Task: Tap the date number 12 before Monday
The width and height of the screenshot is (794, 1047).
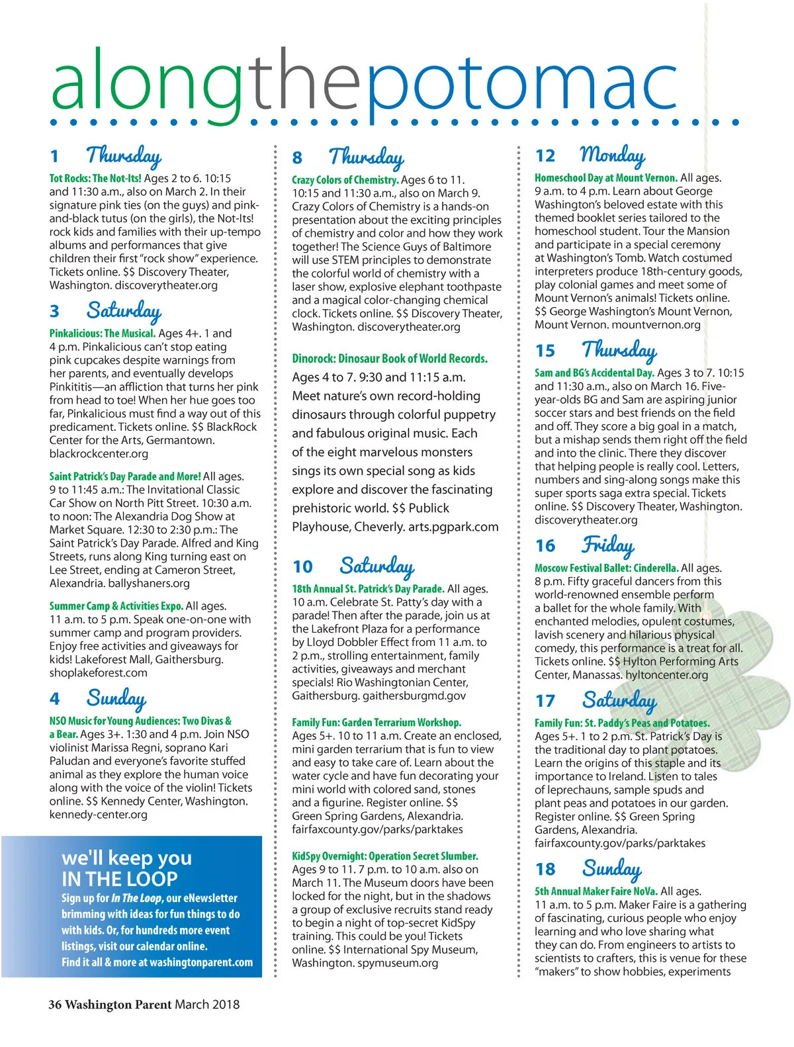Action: click(x=545, y=156)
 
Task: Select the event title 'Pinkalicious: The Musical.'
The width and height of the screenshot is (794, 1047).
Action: click(x=103, y=334)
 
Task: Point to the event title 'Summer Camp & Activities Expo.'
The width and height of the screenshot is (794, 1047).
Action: click(x=116, y=606)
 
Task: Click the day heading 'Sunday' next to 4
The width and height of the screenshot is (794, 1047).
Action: click(x=116, y=698)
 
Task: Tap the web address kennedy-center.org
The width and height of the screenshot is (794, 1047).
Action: click(x=98, y=815)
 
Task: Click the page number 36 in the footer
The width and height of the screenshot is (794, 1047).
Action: click(x=55, y=1005)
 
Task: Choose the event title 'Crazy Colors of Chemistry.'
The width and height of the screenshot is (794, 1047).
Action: click(x=345, y=180)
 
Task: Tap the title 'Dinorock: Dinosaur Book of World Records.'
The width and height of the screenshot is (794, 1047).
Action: click(x=390, y=359)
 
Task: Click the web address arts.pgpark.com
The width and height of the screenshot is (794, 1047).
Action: click(x=455, y=527)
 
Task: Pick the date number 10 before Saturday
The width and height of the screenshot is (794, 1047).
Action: click(x=302, y=567)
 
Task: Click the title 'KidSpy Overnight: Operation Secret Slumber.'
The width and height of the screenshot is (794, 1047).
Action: click(x=384, y=856)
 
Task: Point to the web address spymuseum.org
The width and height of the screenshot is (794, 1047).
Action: click(x=398, y=963)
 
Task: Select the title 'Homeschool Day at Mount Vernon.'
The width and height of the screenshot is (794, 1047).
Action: click(x=605, y=178)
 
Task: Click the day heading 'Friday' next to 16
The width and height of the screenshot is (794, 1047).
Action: click(x=607, y=545)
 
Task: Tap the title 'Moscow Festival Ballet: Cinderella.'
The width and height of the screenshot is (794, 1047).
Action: click(x=606, y=569)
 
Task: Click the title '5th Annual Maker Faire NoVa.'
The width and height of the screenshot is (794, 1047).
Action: click(x=595, y=891)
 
